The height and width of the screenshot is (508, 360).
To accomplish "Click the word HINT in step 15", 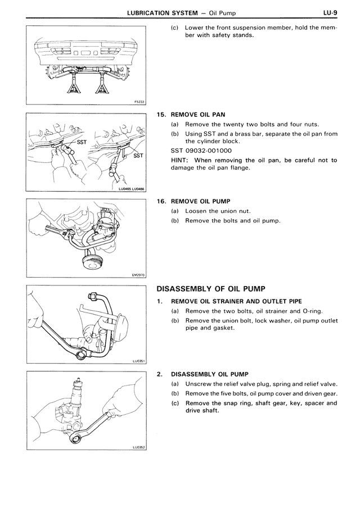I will click(x=181, y=160).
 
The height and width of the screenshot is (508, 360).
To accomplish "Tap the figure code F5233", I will click(x=139, y=102).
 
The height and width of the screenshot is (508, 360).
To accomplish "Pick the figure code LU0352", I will click(x=138, y=448).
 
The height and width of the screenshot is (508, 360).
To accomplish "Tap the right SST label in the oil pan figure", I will click(x=138, y=155).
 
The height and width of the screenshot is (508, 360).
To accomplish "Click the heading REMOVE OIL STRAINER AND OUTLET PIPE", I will click(x=236, y=301).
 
